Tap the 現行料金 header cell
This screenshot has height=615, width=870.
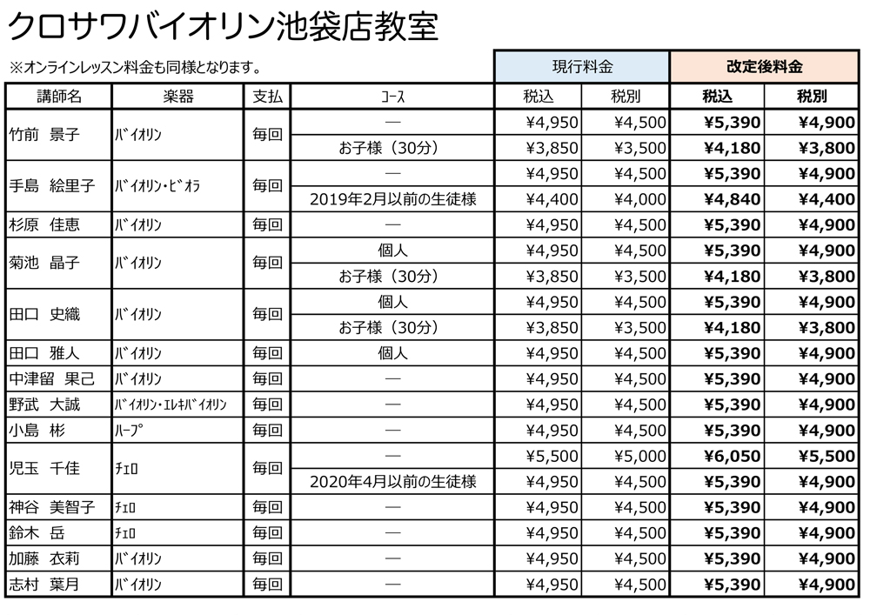582,67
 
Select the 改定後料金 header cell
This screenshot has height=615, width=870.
765,67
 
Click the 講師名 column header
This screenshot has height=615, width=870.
59,97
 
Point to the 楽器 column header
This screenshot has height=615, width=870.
177,97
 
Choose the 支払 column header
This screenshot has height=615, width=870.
267,97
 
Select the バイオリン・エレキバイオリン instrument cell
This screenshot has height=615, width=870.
171,404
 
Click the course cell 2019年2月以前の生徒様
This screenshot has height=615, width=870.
392,199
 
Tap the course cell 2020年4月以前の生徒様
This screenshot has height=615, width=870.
392,482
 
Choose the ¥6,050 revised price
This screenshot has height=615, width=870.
731,456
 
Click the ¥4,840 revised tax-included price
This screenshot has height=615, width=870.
731,199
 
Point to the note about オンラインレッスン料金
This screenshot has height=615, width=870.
135,66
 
